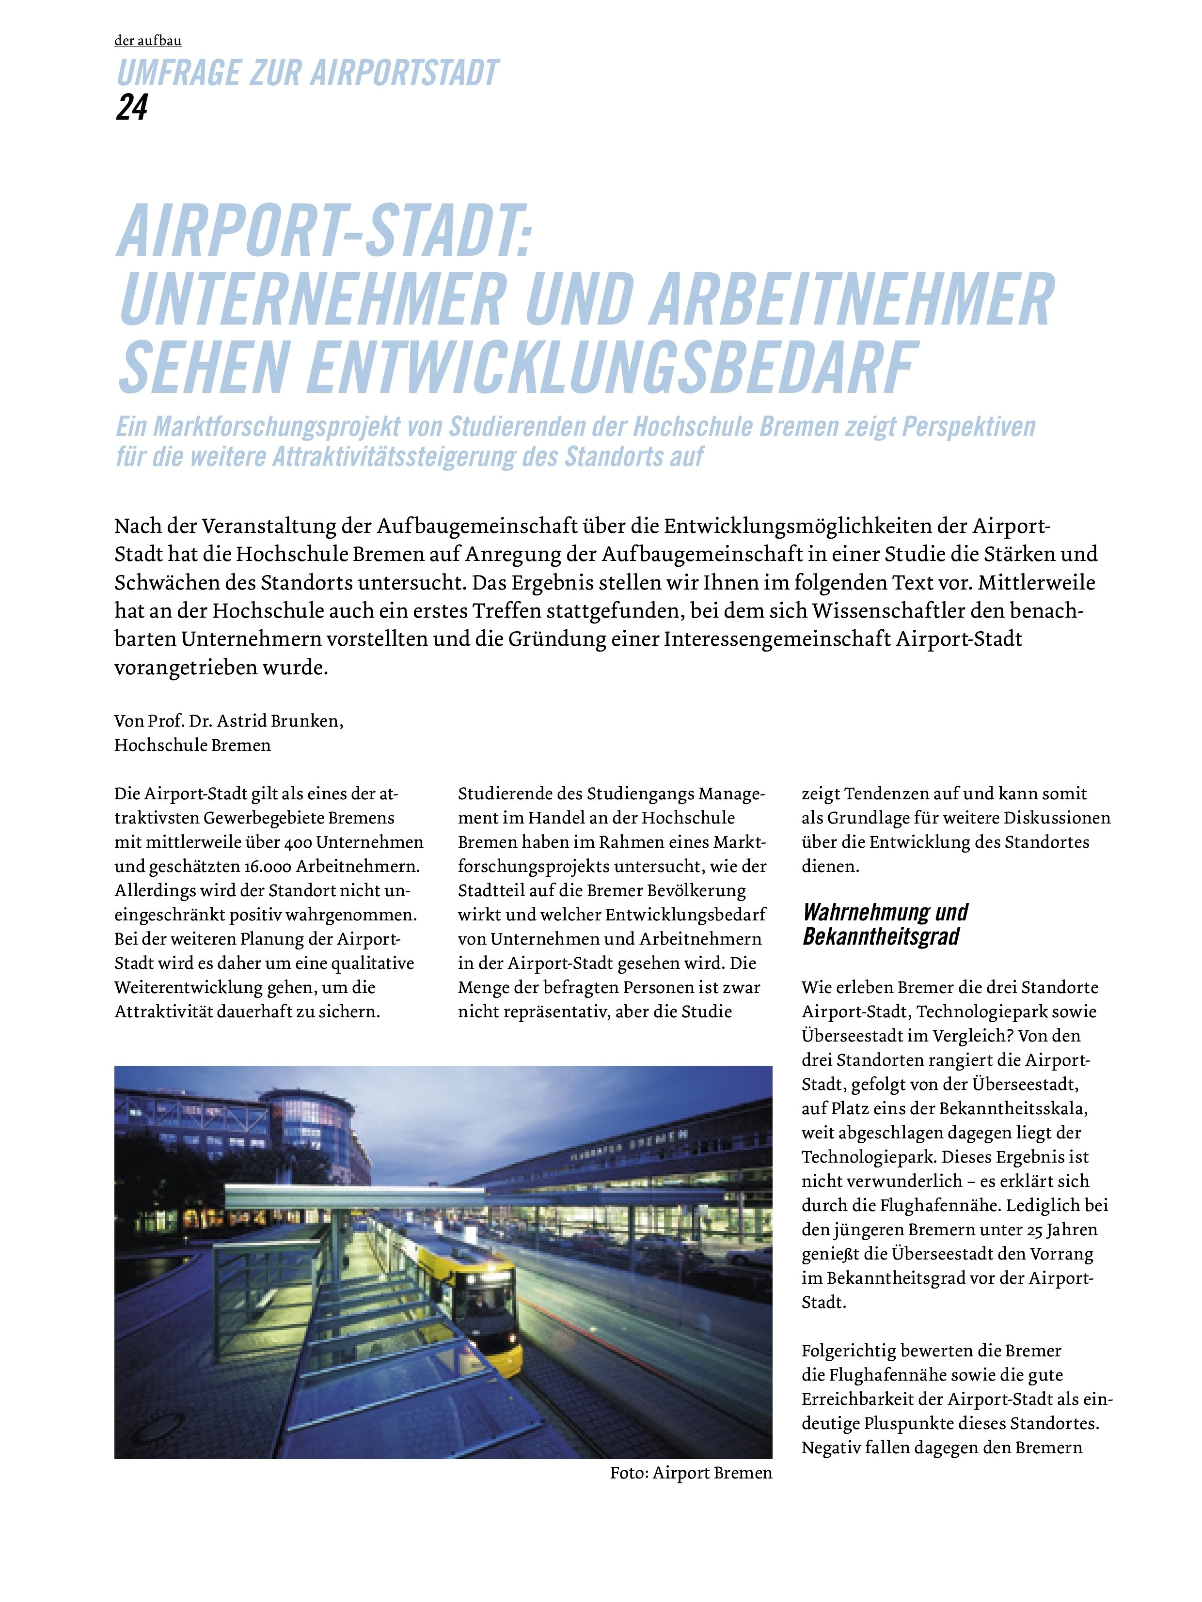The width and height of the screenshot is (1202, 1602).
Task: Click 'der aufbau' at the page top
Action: (148, 41)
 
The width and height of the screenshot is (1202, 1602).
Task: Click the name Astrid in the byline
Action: (243, 721)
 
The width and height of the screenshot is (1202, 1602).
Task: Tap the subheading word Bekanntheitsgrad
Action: (880, 936)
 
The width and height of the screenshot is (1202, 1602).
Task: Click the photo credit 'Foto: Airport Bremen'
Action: (691, 1472)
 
